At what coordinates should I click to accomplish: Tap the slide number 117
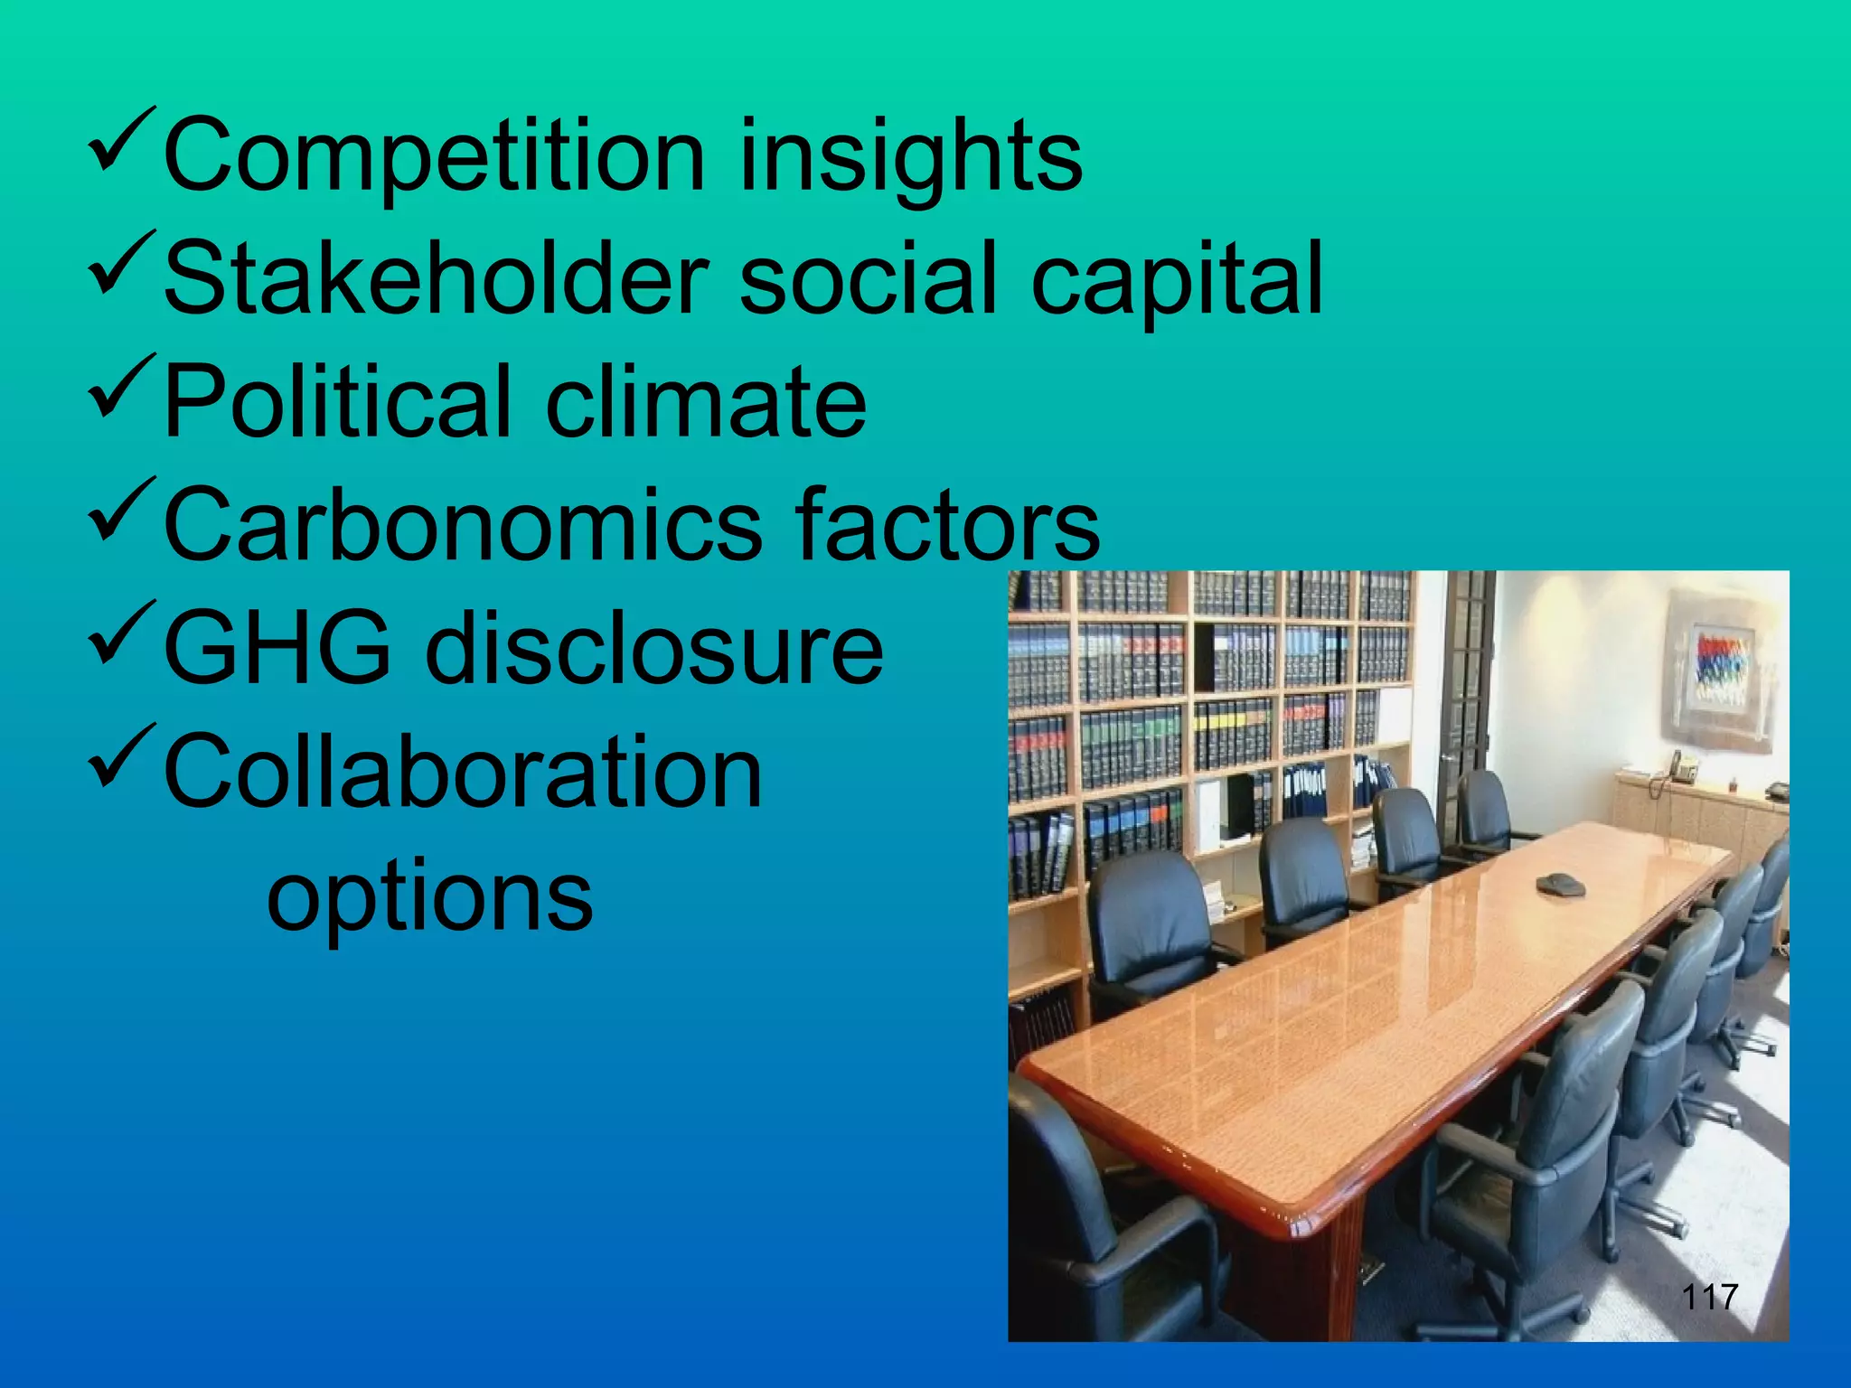(x=1709, y=1298)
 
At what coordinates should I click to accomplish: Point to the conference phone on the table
(x=1561, y=884)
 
